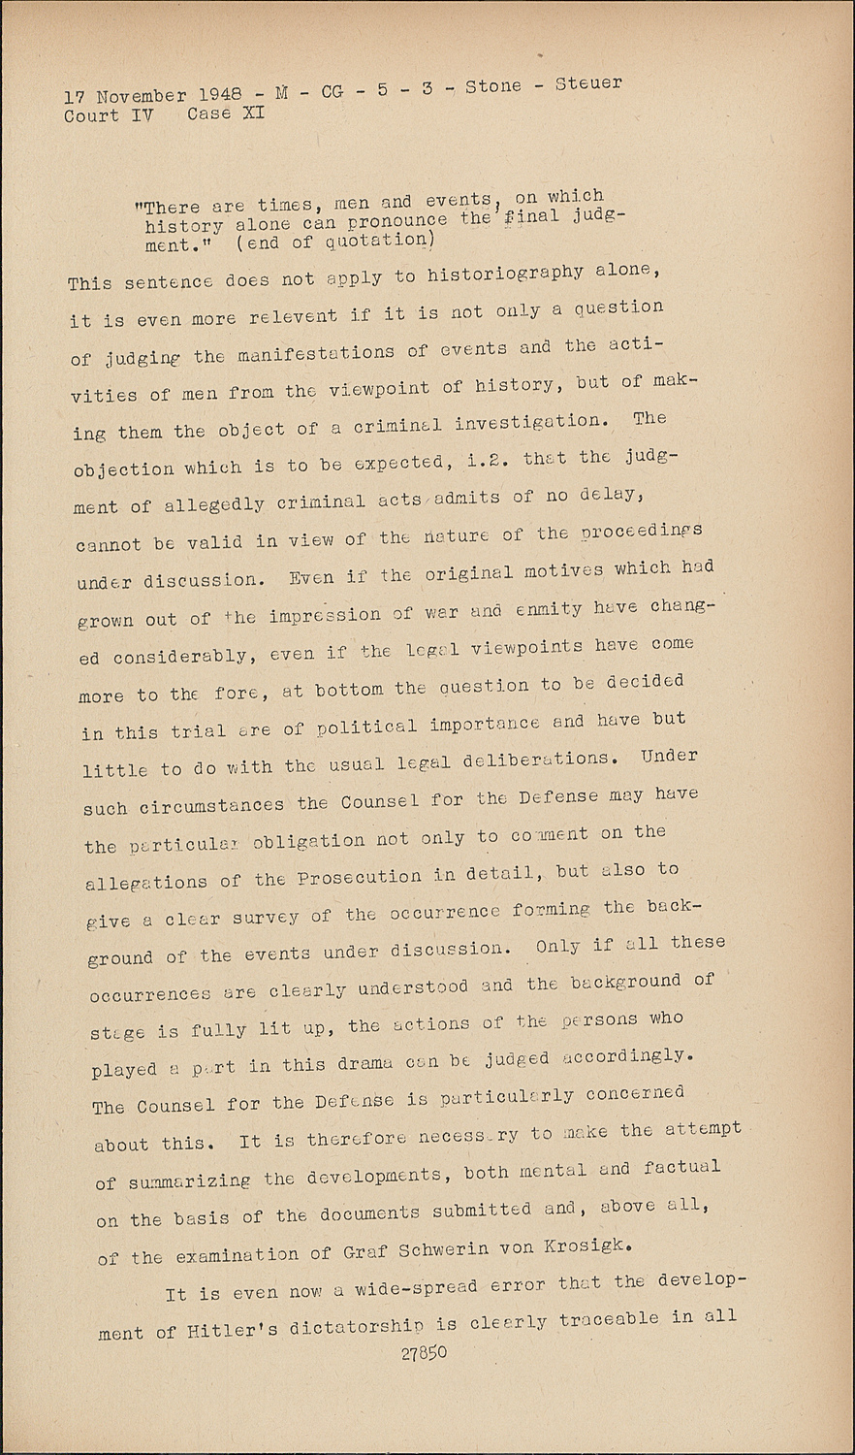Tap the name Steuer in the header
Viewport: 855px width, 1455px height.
(x=588, y=83)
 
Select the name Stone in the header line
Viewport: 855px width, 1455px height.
(x=493, y=86)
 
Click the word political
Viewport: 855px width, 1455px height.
(x=364, y=727)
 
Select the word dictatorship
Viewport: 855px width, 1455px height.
(x=363, y=1326)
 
